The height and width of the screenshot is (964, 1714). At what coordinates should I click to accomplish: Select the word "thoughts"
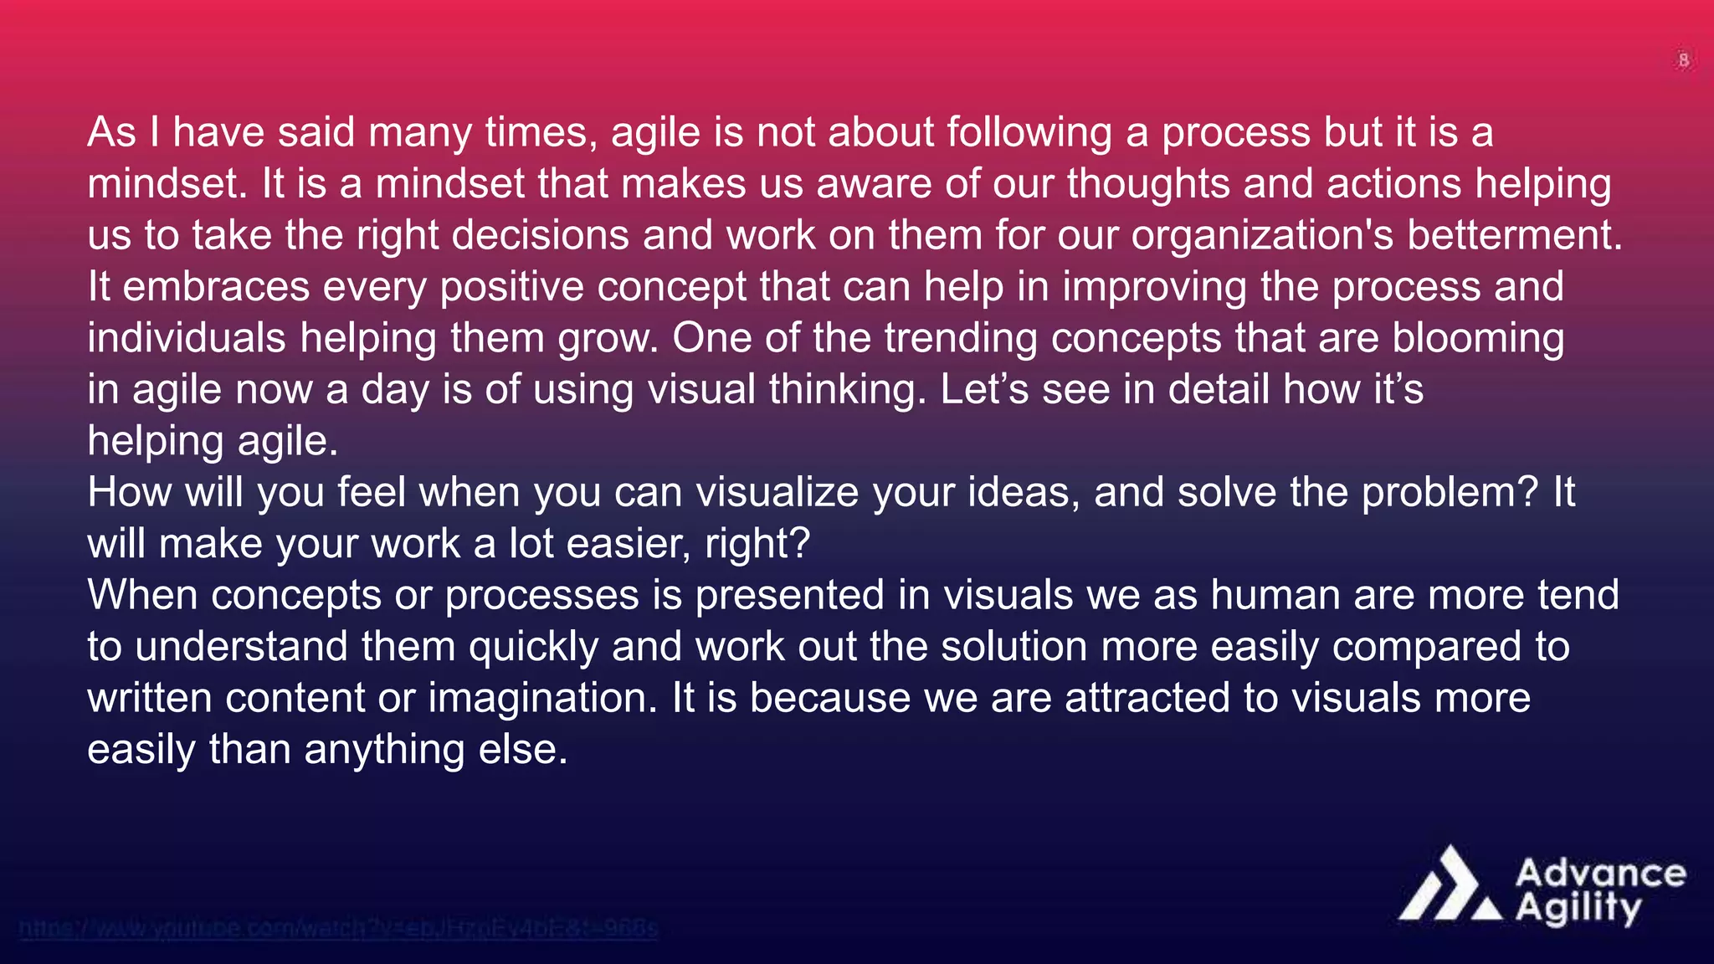pyautogui.click(x=1148, y=184)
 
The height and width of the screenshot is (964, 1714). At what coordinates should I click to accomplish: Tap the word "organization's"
pyautogui.click(x=1262, y=235)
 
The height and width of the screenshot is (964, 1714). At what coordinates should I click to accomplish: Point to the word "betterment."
pyautogui.click(x=1515, y=235)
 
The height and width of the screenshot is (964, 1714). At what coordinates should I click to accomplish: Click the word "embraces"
pyautogui.click(x=216, y=287)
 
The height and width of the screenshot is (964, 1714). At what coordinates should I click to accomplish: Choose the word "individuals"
pyautogui.click(x=187, y=338)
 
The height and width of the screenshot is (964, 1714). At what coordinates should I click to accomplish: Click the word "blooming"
pyautogui.click(x=1478, y=338)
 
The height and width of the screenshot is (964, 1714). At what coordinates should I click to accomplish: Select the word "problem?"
pyautogui.click(x=1450, y=492)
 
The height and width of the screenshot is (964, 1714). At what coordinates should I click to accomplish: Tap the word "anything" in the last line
pyautogui.click(x=384, y=749)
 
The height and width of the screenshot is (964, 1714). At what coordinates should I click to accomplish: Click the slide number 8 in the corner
pyautogui.click(x=1683, y=60)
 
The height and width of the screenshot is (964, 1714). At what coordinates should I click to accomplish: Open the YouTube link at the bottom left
pyautogui.click(x=338, y=928)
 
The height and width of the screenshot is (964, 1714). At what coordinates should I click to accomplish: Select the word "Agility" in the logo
pyautogui.click(x=1578, y=909)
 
